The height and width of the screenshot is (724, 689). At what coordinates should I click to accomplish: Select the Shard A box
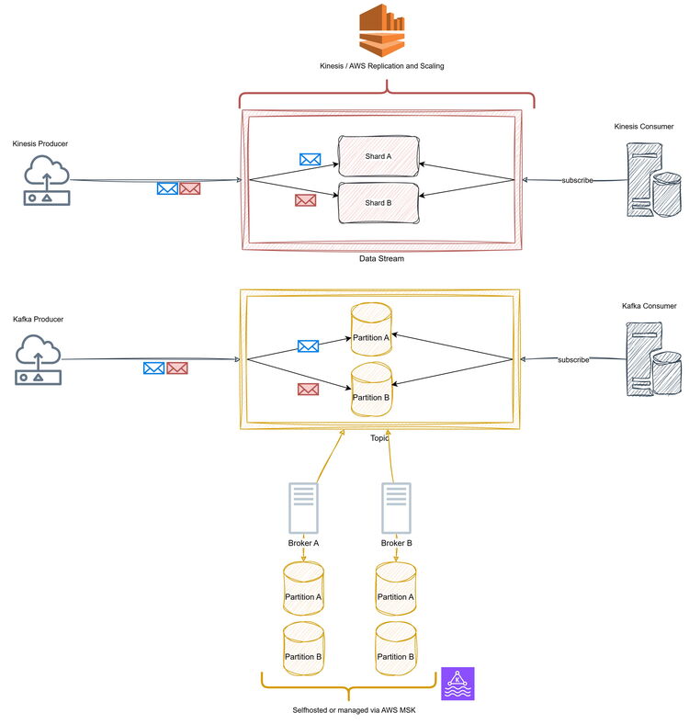[378, 156]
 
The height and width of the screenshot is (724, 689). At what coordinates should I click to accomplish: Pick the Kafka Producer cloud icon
[39, 358]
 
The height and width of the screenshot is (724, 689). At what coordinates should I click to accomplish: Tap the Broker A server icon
[303, 508]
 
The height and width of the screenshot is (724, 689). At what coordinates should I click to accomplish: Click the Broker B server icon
[396, 508]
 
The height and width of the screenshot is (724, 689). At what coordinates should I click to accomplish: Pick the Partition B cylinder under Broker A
[303, 649]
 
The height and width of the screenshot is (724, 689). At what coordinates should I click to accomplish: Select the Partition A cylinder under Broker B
[396, 590]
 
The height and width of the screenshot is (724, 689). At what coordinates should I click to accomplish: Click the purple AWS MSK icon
[457, 684]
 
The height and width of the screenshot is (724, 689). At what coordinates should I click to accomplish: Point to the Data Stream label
[381, 259]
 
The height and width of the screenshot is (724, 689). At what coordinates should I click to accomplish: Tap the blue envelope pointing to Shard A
[311, 159]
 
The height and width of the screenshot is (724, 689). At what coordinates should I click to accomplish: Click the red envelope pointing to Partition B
[308, 389]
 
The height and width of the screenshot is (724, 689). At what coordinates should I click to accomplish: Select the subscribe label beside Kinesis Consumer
[577, 180]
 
